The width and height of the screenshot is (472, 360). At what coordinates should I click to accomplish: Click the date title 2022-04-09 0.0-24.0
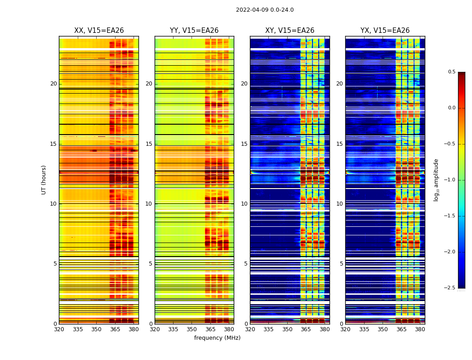265,10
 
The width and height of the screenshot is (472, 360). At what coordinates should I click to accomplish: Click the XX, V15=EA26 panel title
99,31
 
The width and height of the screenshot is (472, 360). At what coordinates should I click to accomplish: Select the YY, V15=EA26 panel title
194,31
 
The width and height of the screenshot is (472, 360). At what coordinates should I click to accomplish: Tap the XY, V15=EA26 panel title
289,31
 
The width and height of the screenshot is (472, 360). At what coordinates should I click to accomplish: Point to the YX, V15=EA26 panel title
385,31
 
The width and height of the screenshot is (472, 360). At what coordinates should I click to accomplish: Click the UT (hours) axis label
44,180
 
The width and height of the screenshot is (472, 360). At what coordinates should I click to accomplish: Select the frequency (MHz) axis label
217,338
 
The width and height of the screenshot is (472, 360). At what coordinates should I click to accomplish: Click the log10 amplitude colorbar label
436,180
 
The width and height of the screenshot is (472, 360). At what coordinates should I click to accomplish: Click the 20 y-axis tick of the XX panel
53,84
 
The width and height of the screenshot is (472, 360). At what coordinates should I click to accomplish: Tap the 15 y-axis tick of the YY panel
149,144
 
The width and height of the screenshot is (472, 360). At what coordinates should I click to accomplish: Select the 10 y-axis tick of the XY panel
244,204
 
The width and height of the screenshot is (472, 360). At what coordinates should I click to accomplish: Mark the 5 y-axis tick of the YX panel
341,264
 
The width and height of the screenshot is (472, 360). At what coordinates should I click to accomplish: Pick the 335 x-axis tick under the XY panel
269,329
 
